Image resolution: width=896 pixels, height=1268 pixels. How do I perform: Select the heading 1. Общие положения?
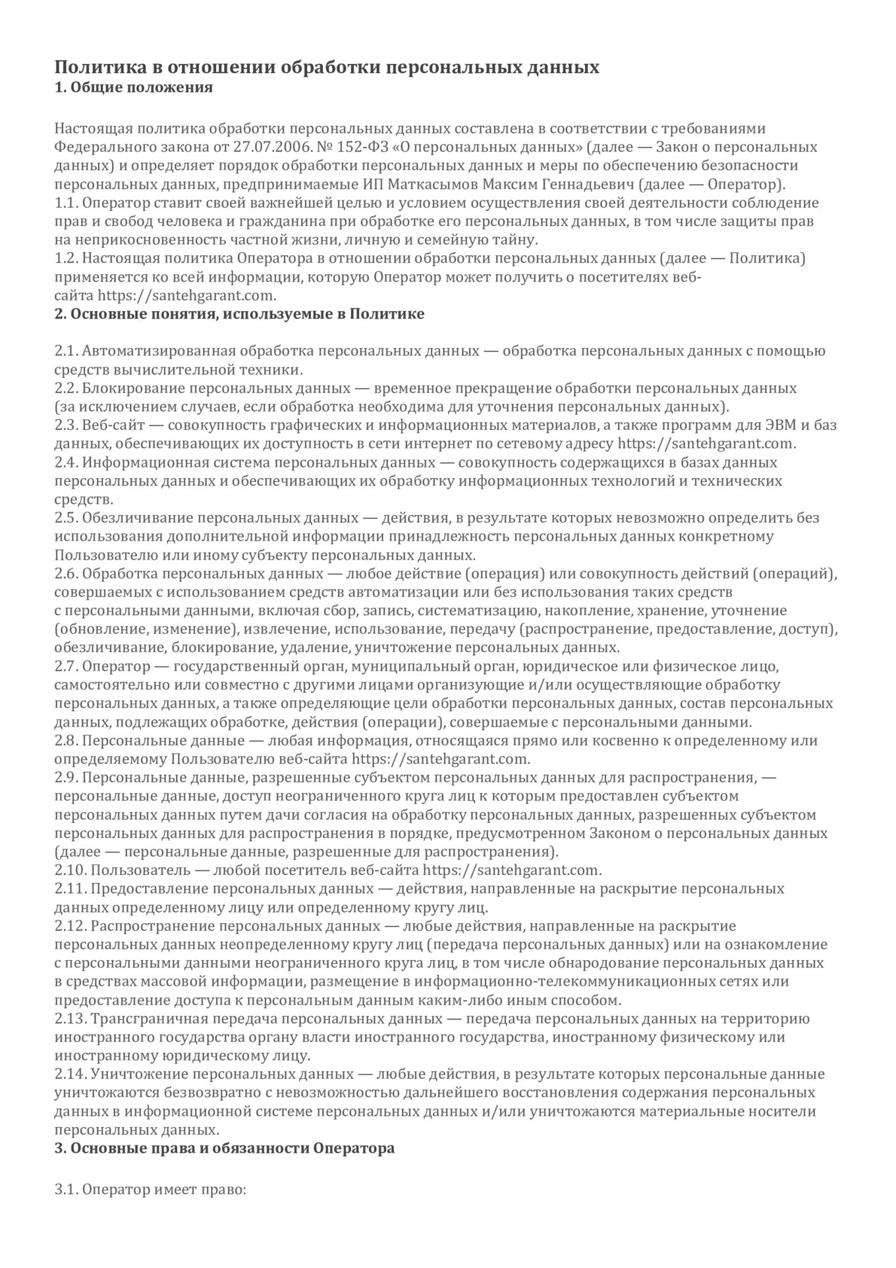pyautogui.click(x=133, y=87)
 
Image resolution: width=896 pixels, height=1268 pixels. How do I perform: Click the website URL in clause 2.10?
pyautogui.click(x=511, y=870)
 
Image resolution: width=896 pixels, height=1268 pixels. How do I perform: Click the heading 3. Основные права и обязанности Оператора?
pyautogui.click(x=225, y=1148)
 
